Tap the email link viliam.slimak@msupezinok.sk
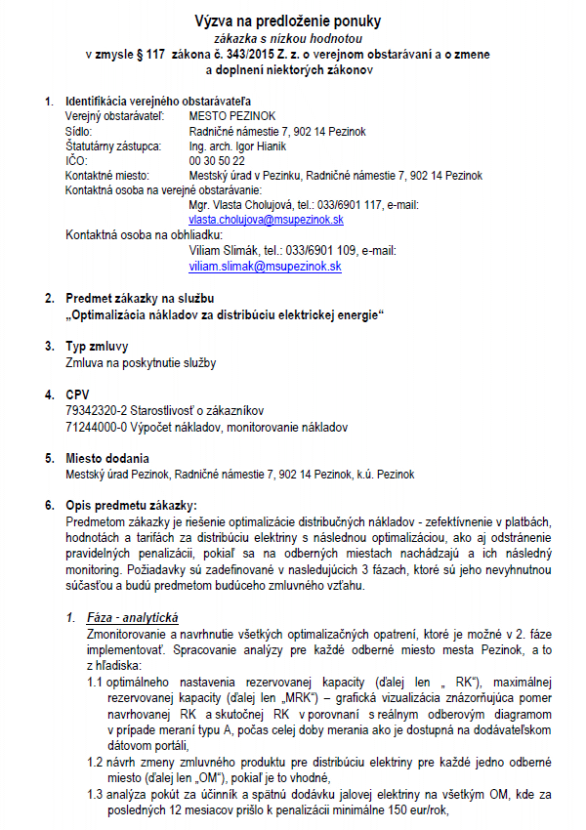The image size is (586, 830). tap(265, 266)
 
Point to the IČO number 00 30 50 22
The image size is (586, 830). tap(217, 160)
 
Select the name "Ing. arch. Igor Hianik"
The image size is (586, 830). tap(237, 145)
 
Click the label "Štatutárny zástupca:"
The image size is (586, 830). tap(112, 145)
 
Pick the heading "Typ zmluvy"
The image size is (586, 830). tap(96, 347)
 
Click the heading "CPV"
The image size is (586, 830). tap(76, 394)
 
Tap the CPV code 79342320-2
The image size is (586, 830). tap(96, 410)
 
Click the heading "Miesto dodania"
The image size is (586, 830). tap(106, 458)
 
